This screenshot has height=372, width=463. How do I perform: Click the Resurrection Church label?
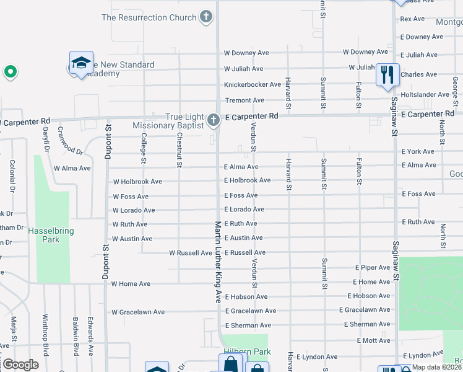pos(149,17)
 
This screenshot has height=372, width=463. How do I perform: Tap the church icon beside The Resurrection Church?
pos(207,17)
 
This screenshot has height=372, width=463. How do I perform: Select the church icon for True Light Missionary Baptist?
pos(213,120)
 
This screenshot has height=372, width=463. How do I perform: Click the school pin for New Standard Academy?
pos(81,63)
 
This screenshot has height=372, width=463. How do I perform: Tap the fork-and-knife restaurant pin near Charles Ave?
pos(387,76)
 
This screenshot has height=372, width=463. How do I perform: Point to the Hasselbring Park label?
pos(51,235)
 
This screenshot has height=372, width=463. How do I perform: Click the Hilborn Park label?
pos(245,352)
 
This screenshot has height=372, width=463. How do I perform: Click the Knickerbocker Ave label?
pos(244,84)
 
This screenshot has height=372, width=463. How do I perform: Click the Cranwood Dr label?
pos(69,141)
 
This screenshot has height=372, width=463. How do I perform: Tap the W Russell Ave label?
pos(191,253)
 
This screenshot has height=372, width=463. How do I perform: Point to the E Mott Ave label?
pos(373,341)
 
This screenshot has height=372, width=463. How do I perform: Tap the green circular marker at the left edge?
pos(10,72)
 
